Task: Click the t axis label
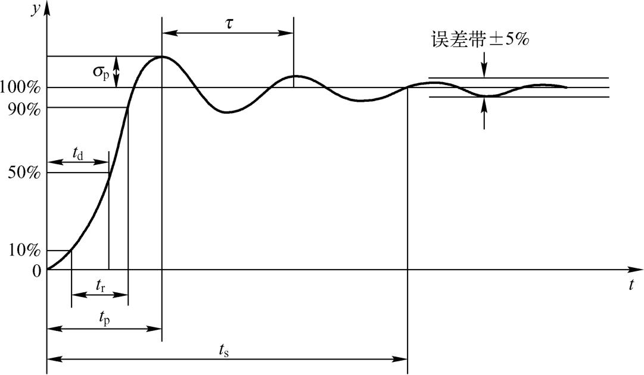point(631,286)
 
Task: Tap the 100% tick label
point(20,88)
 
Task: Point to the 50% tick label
point(23,173)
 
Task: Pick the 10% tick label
point(23,251)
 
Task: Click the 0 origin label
point(37,271)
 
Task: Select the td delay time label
point(77,154)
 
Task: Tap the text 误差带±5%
point(480,40)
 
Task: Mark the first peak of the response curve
point(161,57)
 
